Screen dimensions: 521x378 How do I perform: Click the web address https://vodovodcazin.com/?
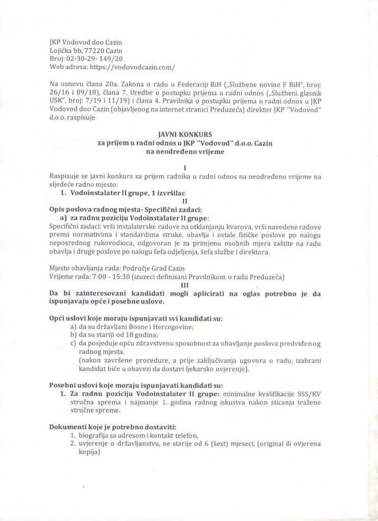pyautogui.click(x=132, y=67)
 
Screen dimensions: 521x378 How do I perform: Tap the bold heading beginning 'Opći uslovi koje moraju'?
pyautogui.click(x=135, y=319)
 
